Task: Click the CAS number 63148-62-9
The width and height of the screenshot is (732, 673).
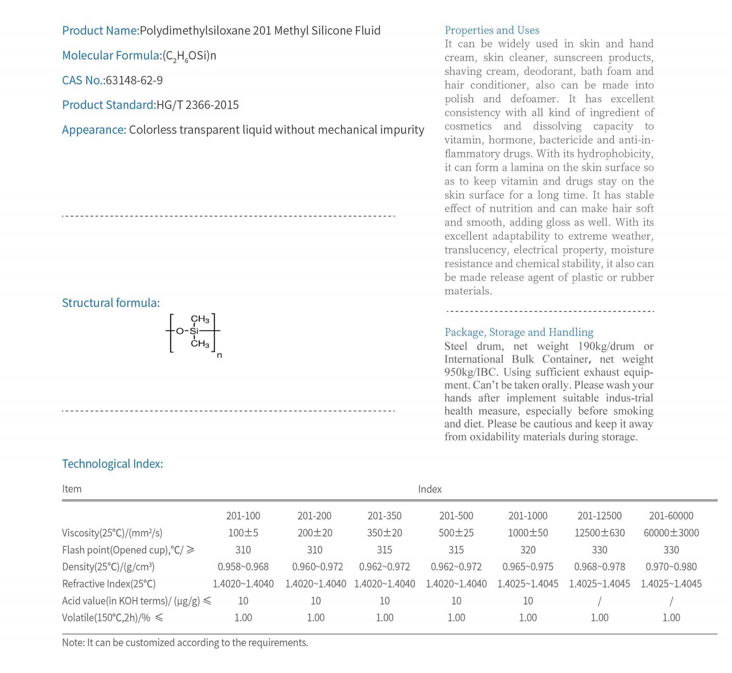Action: [134, 80]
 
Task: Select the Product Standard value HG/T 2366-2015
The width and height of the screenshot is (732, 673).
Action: [198, 105]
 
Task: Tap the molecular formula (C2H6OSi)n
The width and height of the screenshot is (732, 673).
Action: [189, 56]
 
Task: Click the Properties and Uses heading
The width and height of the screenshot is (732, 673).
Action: [492, 30]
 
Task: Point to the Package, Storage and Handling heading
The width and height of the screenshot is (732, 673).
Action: [519, 332]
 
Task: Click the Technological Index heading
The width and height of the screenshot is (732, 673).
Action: [113, 464]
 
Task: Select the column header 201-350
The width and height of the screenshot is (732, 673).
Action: [384, 516]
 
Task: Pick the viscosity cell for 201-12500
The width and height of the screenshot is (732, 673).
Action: [599, 533]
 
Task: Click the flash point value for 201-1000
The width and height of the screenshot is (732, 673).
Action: [528, 550]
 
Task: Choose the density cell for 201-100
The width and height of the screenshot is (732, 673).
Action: [243, 567]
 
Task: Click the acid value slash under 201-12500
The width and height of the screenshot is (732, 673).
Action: [599, 601]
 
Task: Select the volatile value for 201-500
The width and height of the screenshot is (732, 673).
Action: [456, 618]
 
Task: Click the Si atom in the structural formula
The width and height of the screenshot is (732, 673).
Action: [194, 331]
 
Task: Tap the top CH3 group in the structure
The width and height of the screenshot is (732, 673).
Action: [200, 319]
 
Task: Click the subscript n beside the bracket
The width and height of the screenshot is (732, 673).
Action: [219, 355]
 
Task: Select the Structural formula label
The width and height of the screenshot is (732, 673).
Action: [111, 303]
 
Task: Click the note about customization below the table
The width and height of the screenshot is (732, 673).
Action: [185, 642]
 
